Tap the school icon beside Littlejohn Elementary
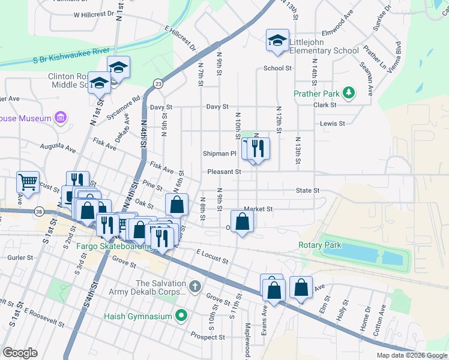(x=277, y=40)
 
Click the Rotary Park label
(x=319, y=245)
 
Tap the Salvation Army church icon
(x=194, y=287)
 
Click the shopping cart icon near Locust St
(x=28, y=181)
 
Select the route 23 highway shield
(x=158, y=83)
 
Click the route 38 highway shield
(x=39, y=211)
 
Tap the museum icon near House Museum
(x=61, y=118)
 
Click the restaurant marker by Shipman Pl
(x=258, y=148)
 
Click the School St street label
(x=277, y=68)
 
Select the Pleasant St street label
(x=224, y=172)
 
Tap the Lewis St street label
(x=333, y=124)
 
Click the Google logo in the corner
(x=20, y=353)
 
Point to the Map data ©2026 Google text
(x=412, y=355)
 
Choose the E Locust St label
(x=212, y=257)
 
